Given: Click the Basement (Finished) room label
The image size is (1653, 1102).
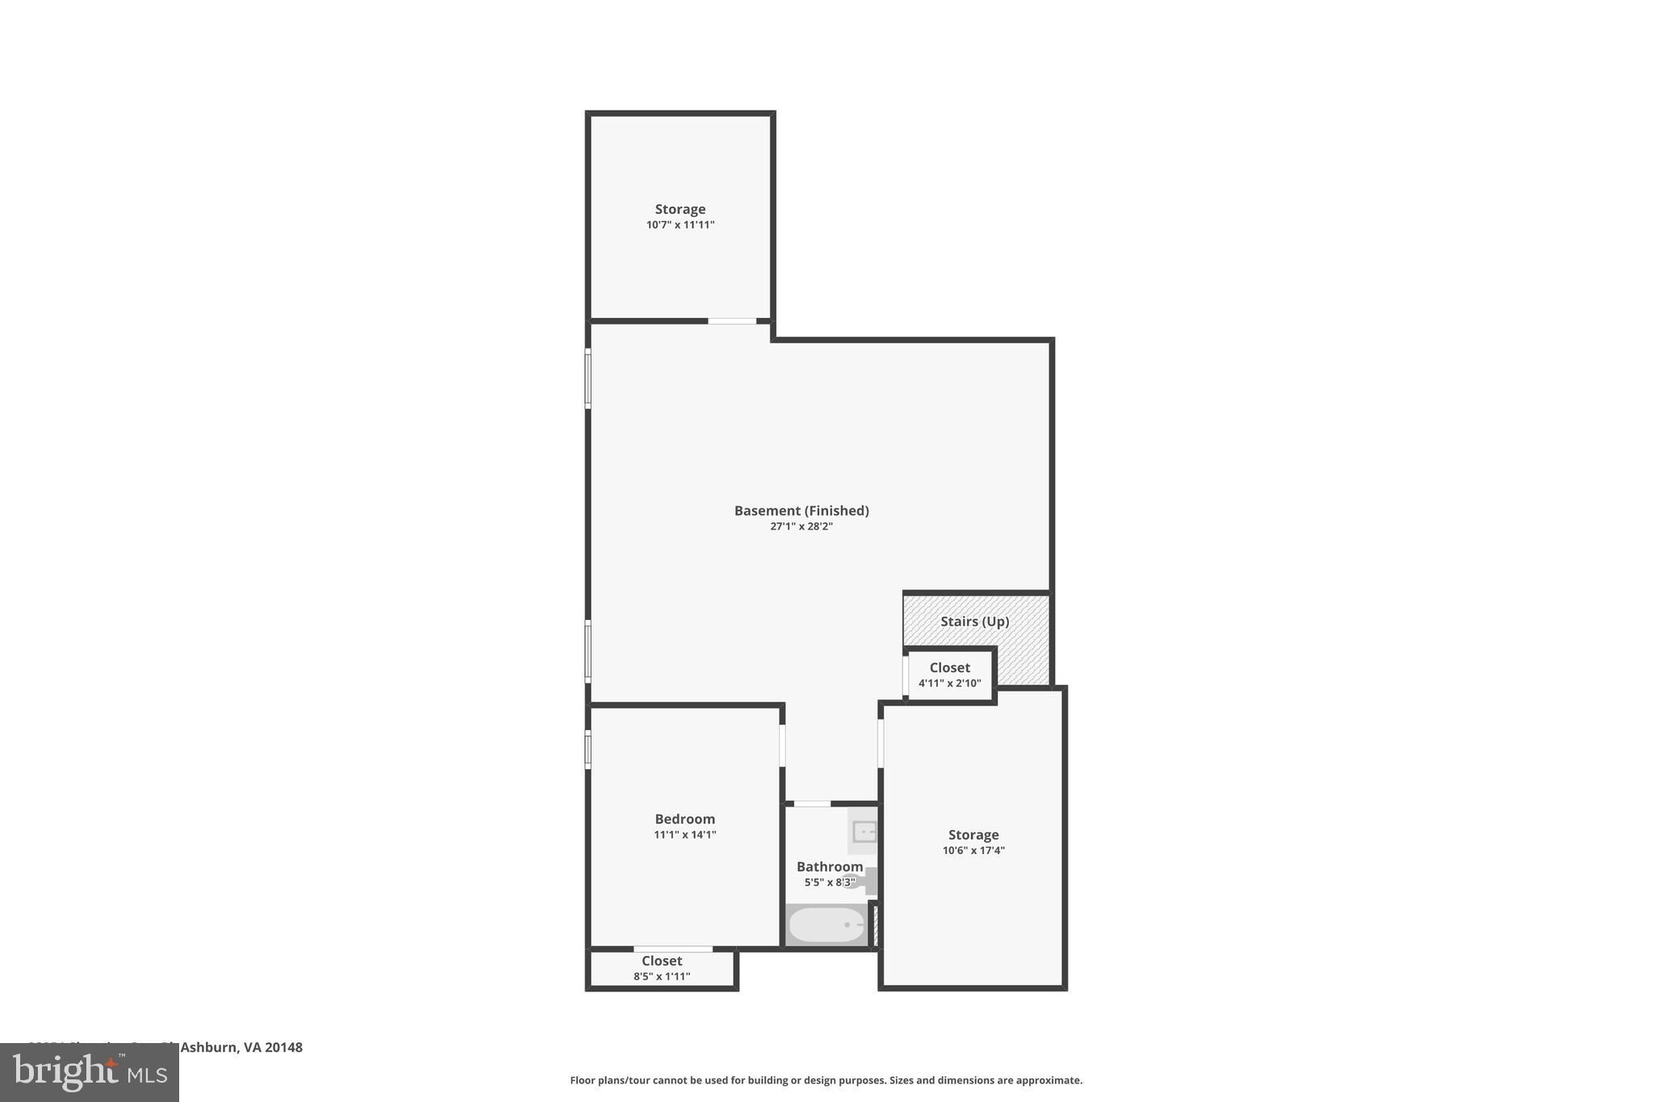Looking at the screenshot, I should point(801,510).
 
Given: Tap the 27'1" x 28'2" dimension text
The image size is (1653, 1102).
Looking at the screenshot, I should point(801,526).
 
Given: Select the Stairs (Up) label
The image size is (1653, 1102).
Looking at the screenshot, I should point(974,622).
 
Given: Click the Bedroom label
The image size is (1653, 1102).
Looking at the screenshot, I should point(684,819).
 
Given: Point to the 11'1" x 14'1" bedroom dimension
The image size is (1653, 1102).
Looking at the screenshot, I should point(684,835).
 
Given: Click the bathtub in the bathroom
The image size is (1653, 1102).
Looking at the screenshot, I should point(826,925).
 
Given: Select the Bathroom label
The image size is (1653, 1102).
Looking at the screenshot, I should point(829,866).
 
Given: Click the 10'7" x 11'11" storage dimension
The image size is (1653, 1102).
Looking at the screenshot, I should point(680,225).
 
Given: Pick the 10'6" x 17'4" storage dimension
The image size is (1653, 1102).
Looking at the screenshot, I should point(973,850).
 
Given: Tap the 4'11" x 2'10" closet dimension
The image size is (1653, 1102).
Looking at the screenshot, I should point(949,683).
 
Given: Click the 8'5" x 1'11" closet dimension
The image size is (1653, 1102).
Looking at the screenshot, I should point(662,977).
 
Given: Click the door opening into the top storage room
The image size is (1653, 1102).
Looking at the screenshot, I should point(732,321).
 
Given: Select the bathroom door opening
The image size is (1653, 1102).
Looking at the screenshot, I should point(812,804).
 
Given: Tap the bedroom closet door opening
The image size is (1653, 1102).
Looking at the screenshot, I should point(672,949).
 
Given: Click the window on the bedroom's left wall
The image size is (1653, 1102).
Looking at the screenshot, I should point(588,749).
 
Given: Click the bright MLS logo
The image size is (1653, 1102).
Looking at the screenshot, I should point(90,1073).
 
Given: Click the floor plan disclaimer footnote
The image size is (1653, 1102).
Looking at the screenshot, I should point(826,1080).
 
